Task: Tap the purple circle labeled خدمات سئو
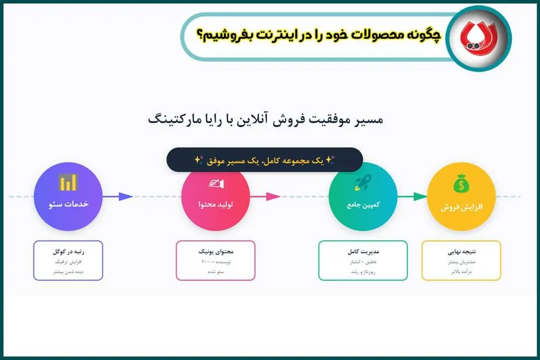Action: [x=68, y=196]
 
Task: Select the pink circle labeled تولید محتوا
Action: [x=216, y=196]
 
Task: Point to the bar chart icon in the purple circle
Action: [x=68, y=183]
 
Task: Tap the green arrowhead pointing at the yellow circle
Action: [x=420, y=196]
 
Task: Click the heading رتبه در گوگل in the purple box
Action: [x=68, y=252]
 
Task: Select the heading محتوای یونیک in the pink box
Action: [x=216, y=252]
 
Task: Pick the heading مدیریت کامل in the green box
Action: [x=363, y=252]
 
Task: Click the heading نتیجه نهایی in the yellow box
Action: [x=461, y=252]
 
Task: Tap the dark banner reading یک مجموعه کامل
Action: [x=265, y=160]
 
